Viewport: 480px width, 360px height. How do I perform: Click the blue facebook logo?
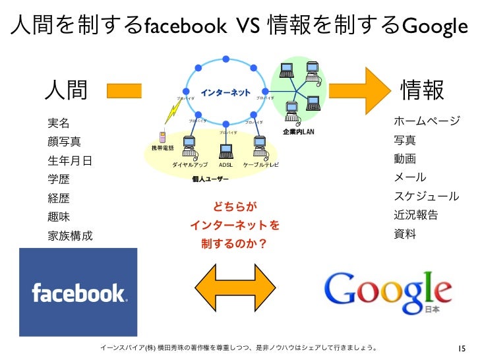pyautogui.click(x=78, y=291)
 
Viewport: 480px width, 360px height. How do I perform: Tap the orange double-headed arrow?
pyautogui.click(x=236, y=284)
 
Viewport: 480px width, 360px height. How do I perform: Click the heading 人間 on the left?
pyautogui.click(x=67, y=91)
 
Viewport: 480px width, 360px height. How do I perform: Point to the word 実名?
pyautogui.click(x=57, y=123)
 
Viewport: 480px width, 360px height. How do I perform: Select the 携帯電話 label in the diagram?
pyautogui.click(x=162, y=148)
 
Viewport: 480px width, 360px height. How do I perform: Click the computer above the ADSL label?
pyautogui.click(x=225, y=146)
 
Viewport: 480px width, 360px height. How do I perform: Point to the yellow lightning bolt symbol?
pyautogui.click(x=169, y=118)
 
